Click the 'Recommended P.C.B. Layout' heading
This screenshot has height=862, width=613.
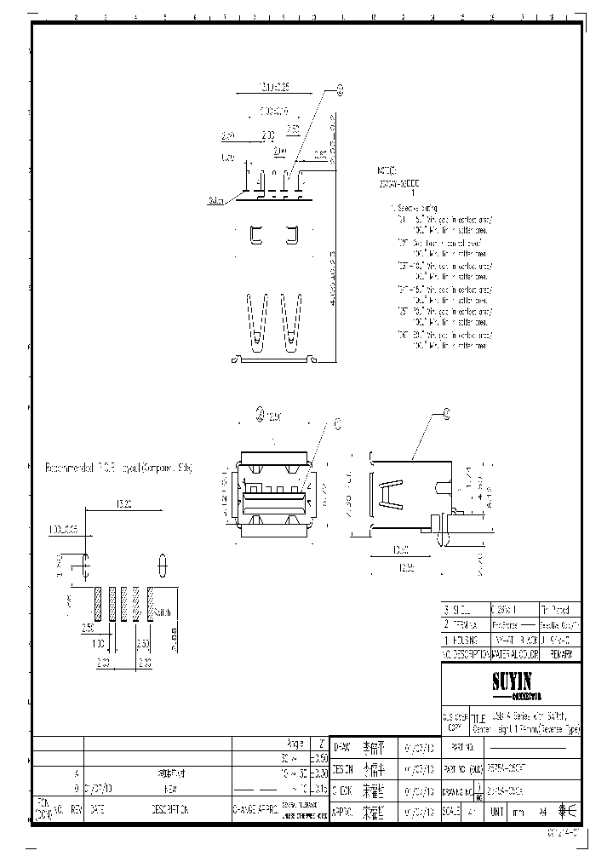(x=119, y=468)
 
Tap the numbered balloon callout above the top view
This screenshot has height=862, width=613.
(x=340, y=89)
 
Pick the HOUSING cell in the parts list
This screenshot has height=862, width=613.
(x=465, y=639)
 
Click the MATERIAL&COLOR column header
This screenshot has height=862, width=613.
(x=514, y=654)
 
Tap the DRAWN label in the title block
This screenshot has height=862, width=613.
(x=341, y=746)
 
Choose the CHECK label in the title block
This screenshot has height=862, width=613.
(x=341, y=790)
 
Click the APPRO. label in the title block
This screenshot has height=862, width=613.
(x=341, y=811)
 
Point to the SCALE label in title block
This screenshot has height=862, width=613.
(x=451, y=811)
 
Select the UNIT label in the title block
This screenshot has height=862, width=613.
(x=496, y=811)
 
